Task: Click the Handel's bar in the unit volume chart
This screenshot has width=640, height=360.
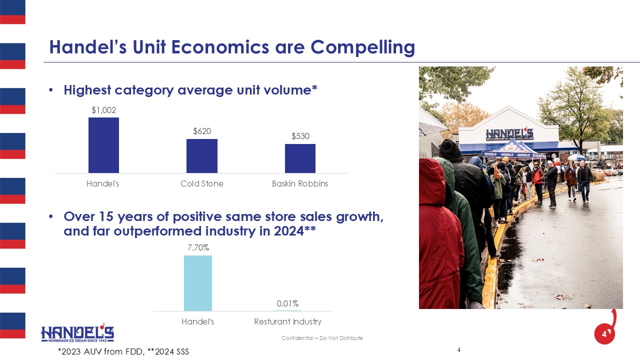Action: click(103, 145)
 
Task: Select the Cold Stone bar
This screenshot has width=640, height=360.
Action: click(202, 156)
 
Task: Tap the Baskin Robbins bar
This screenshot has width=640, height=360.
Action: click(300, 158)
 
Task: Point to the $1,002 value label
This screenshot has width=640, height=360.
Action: click(103, 110)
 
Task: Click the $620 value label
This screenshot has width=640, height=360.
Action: click(202, 131)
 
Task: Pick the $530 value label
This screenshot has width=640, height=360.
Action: click(300, 136)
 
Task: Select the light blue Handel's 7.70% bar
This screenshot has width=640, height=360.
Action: click(198, 283)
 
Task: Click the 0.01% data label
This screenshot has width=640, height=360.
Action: click(287, 303)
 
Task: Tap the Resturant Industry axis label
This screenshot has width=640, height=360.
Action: click(287, 321)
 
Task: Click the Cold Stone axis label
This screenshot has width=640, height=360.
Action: click(202, 183)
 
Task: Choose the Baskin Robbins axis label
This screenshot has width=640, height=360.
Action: click(300, 183)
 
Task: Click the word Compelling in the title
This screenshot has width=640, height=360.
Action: click(363, 47)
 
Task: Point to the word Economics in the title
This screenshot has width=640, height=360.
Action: click(220, 47)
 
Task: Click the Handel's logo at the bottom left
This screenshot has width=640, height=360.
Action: click(77, 333)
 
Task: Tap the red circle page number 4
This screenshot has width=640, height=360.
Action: click(604, 334)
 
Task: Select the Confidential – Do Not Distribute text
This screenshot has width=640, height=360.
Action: click(322, 338)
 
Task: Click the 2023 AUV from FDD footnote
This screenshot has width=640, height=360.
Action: click(101, 351)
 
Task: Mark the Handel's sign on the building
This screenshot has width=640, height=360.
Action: click(509, 134)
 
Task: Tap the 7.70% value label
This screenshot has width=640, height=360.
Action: click(198, 247)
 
